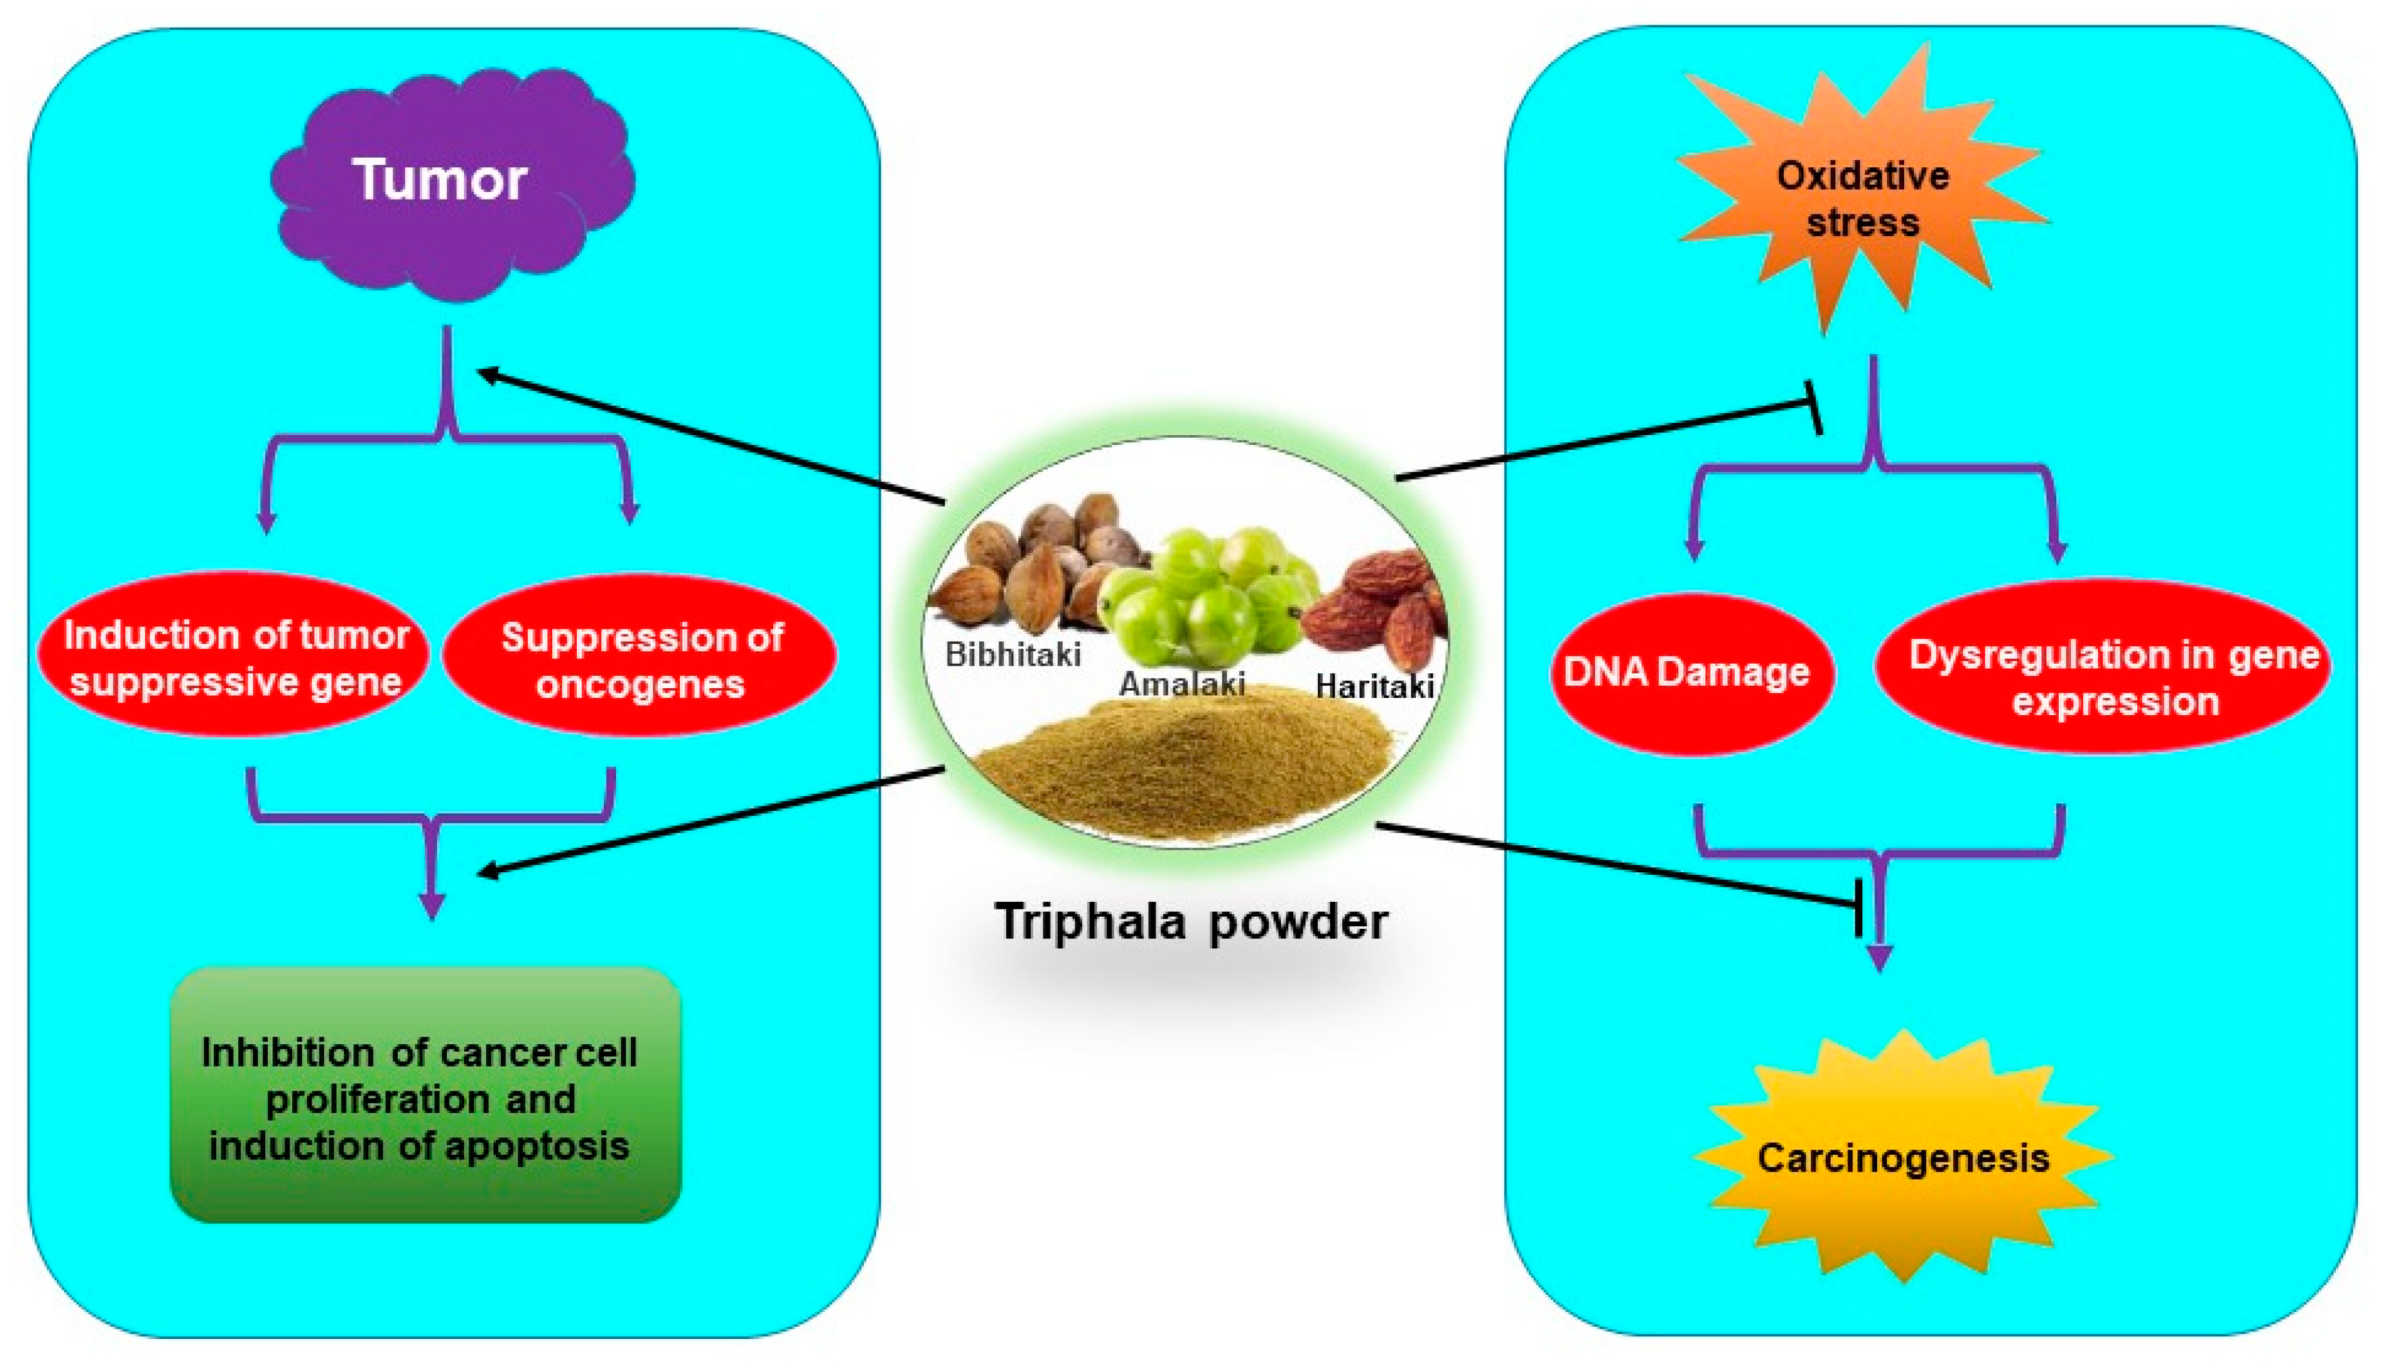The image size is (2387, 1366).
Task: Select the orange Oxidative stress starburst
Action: click(1862, 197)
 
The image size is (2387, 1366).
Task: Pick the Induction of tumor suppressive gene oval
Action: click(234, 657)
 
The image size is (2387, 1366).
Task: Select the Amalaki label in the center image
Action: click(1182, 684)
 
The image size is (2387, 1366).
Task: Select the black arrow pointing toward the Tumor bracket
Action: click(713, 437)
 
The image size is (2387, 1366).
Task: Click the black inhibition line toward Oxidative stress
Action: click(1604, 441)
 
